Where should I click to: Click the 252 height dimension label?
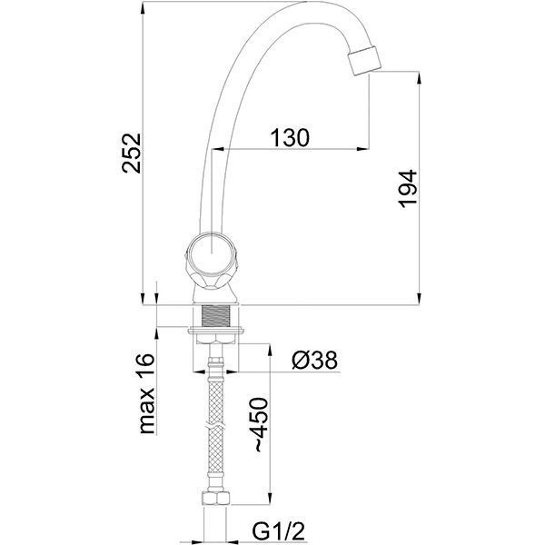click(x=132, y=153)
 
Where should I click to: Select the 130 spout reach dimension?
click(x=290, y=137)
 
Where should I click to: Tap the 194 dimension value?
click(x=408, y=189)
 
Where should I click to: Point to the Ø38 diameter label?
click(x=314, y=360)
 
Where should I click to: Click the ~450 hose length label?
click(x=262, y=425)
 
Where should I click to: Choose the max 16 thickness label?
click(x=146, y=393)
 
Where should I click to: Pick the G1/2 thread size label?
click(x=279, y=530)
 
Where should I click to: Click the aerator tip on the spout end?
click(x=364, y=60)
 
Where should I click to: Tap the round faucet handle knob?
click(x=212, y=253)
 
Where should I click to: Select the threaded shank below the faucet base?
click(x=215, y=316)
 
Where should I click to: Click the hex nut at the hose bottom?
click(x=215, y=499)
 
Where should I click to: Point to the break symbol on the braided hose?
click(x=215, y=424)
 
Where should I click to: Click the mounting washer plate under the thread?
click(x=215, y=331)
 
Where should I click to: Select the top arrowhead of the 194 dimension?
click(x=419, y=78)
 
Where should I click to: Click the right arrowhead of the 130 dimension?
click(x=362, y=149)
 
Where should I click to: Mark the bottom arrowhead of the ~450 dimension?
click(x=269, y=498)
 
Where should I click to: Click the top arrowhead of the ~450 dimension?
click(x=269, y=351)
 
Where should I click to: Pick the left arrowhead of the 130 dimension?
click(x=218, y=149)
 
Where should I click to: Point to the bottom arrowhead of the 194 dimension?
click(x=419, y=298)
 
